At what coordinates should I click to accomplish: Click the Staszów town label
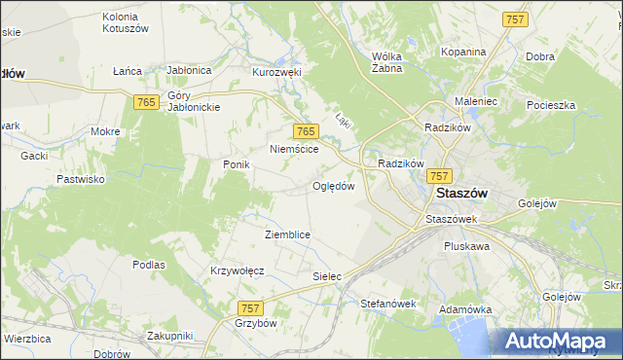pyautogui.click(x=462, y=193)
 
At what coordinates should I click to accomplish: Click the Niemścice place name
pyautogui.click(x=294, y=149)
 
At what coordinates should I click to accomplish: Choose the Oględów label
pyautogui.click(x=333, y=186)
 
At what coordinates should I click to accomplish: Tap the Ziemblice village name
pyautogui.click(x=287, y=234)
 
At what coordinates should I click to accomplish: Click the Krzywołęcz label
pyautogui.click(x=238, y=270)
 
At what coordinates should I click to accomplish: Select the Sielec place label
pyautogui.click(x=327, y=276)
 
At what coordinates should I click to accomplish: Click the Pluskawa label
pyautogui.click(x=466, y=246)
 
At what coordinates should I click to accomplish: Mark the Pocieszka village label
pyautogui.click(x=552, y=104)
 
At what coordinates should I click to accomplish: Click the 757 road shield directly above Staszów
pyautogui.click(x=439, y=175)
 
